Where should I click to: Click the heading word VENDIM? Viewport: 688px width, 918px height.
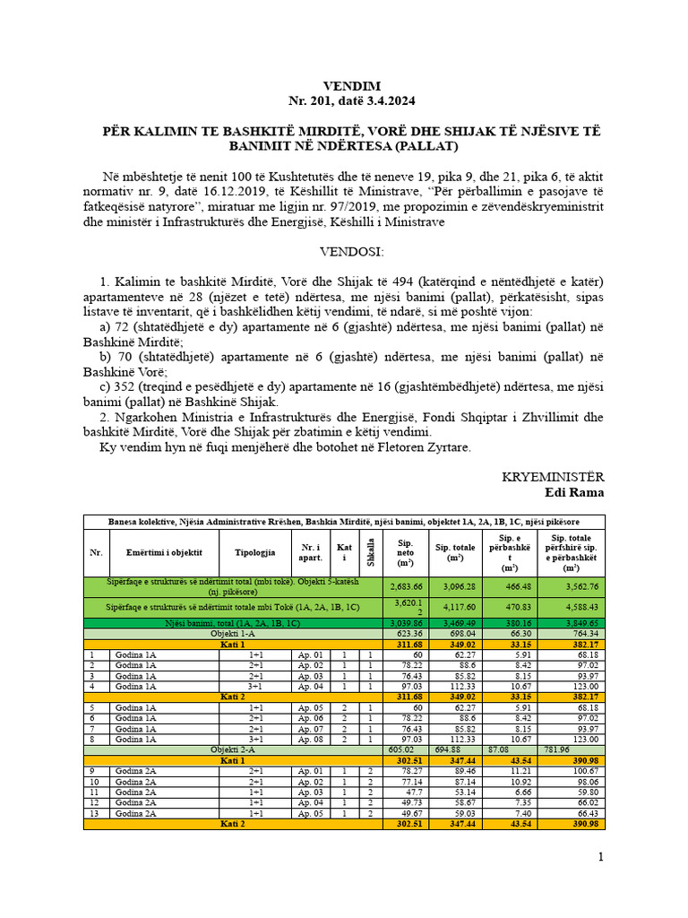(343, 86)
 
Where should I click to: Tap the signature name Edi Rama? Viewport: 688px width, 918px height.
(574, 492)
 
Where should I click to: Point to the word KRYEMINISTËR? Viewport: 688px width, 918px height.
(553, 477)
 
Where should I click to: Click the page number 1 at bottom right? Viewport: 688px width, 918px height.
(601, 857)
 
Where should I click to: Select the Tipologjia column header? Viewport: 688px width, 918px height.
(255, 552)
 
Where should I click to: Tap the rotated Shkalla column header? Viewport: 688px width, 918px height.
(369, 553)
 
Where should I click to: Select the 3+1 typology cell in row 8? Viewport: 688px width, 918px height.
(255, 739)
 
